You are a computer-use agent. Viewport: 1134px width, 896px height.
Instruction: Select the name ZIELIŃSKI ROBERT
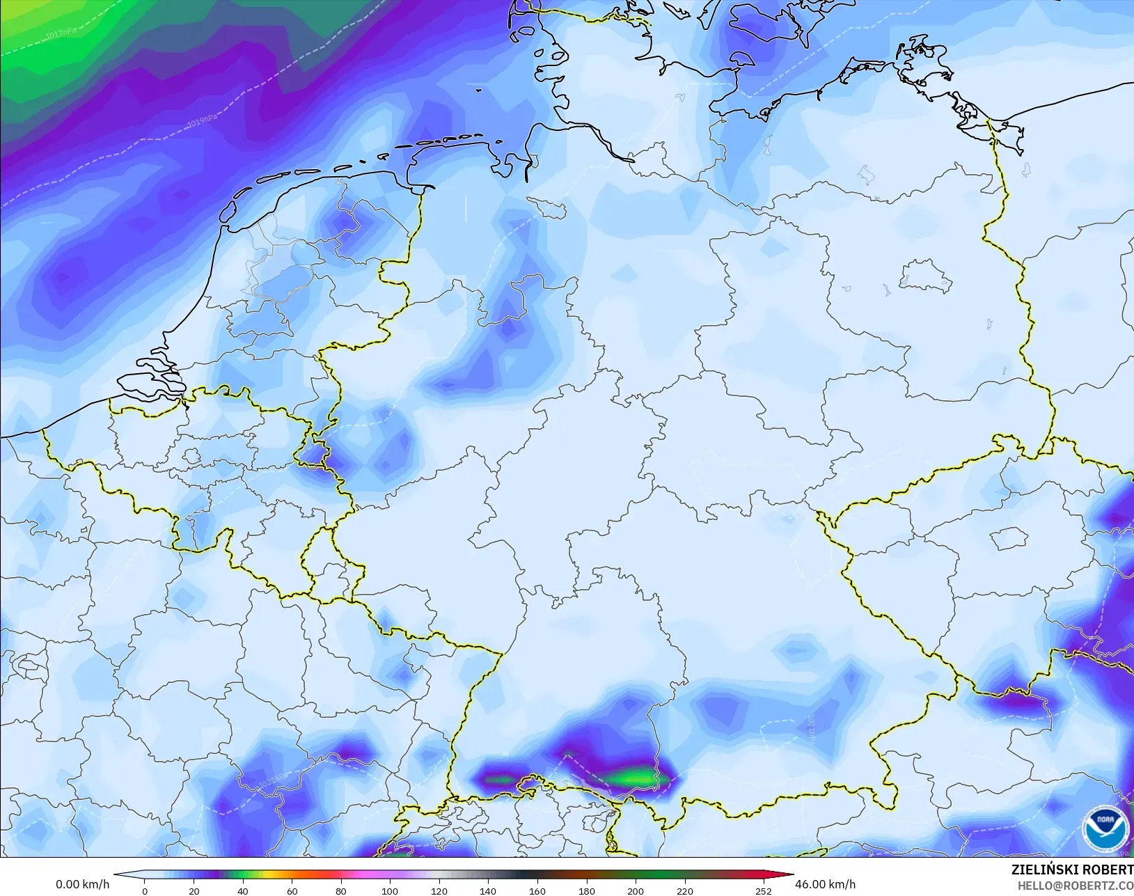tap(1072, 870)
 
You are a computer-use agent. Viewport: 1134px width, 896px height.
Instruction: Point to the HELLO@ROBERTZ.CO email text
tap(1076, 886)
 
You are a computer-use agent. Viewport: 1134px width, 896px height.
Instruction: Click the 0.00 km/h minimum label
tap(82, 884)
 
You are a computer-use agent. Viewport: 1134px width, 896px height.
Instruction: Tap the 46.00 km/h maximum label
tap(825, 884)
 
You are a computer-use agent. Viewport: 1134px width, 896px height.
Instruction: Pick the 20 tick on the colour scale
tap(194, 891)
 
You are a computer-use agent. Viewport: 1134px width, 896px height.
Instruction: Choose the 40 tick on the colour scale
tap(242, 891)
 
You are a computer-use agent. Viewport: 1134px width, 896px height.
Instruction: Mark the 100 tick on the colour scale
tap(390, 891)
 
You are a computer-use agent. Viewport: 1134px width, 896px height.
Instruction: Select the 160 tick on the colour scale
tap(537, 891)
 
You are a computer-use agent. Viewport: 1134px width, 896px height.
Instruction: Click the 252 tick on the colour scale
tap(763, 891)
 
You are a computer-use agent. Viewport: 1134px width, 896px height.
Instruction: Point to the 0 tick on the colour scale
tap(145, 891)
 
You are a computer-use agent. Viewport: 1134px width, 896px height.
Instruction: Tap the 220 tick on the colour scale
tap(685, 891)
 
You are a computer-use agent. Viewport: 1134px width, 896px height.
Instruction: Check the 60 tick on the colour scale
tap(292, 891)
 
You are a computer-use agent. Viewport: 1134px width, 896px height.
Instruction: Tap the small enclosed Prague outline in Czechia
tap(1009, 538)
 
